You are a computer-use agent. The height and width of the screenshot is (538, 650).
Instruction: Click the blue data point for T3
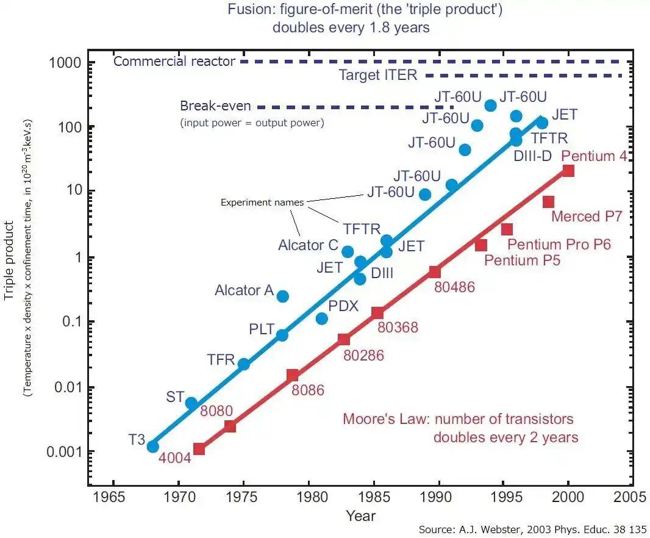pos(152,447)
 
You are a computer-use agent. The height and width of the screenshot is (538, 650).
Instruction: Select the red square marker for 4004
pos(199,449)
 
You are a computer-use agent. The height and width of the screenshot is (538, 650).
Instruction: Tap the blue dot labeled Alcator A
pos(283,296)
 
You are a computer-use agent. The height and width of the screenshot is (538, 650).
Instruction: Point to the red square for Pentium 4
pos(568,170)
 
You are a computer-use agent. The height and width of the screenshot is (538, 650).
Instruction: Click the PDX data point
pos(322,318)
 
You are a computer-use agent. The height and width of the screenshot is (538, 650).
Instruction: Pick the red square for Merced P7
pos(548,201)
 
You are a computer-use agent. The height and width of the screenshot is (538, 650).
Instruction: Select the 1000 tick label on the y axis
pos(65,63)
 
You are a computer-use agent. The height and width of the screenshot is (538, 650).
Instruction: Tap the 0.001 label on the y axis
pos(63,451)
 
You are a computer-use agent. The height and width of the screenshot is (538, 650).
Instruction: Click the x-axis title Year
pos(360,515)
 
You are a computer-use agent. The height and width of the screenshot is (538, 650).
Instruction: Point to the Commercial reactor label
pos(174,62)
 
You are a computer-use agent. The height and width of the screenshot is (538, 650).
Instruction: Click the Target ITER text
pos(377,75)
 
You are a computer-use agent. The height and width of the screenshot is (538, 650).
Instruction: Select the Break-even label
pos(215,106)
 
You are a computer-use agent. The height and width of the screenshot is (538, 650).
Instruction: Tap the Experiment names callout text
pos(262,203)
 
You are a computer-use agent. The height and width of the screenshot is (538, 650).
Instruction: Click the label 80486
pos(454,287)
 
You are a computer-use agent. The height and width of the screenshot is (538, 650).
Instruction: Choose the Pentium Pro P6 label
pos(559,245)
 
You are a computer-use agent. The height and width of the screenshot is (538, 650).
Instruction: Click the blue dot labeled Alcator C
pos(348,251)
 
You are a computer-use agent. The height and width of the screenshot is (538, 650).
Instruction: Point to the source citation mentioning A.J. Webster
pos(532,529)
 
